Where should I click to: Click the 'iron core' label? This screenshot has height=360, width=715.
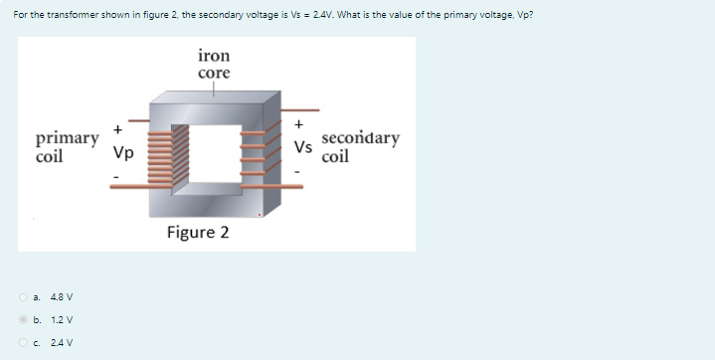(214, 65)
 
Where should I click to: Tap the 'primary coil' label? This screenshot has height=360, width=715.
(67, 147)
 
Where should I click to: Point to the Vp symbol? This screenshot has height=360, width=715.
(123, 154)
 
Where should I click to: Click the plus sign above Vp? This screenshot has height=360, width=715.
(117, 129)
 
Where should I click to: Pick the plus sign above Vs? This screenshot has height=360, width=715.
(298, 124)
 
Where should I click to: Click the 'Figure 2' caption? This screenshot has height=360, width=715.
(198, 233)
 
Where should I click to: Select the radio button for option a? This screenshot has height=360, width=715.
(22, 296)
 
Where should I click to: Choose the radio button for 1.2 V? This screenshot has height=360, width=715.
(22, 320)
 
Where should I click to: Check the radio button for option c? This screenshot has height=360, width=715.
(22, 343)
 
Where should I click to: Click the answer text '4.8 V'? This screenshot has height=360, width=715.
(62, 296)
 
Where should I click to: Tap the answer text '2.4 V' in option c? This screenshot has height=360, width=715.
(62, 343)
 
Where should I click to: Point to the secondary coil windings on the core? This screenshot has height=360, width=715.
(253, 154)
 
